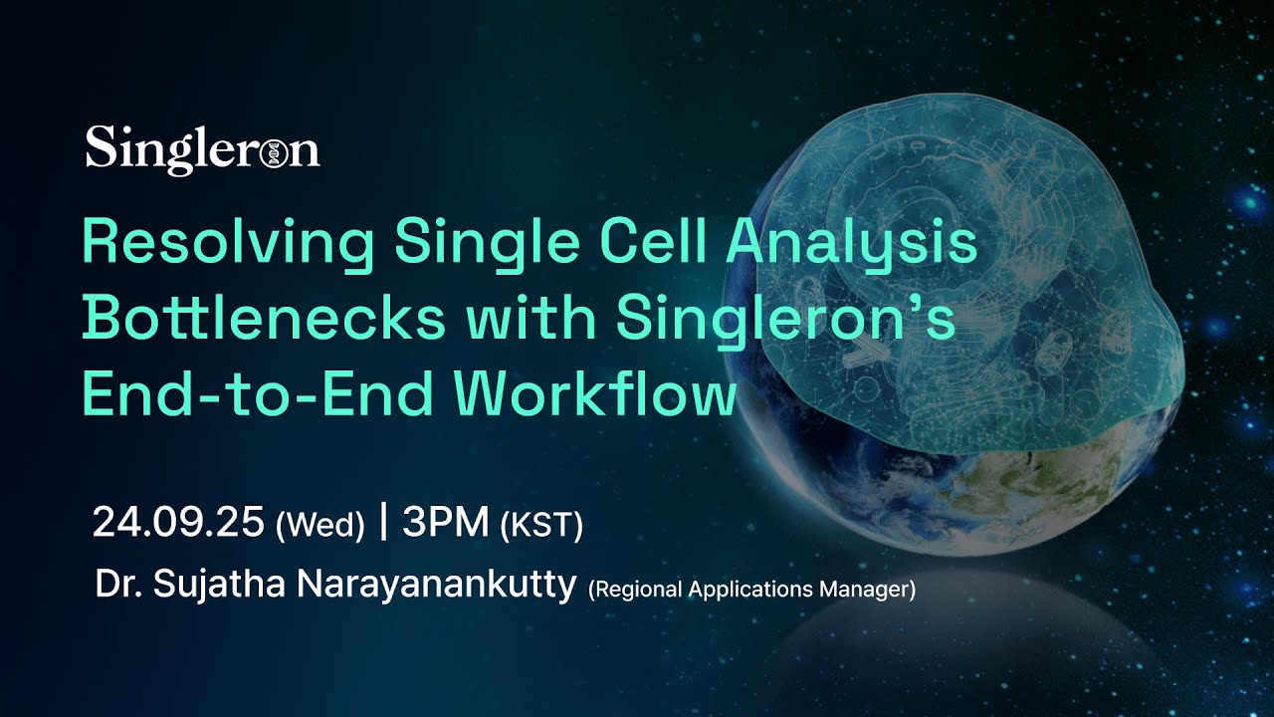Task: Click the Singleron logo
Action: point(202,149)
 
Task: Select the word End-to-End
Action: point(260,394)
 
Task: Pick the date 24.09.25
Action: point(178,522)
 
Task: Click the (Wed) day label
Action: point(319,525)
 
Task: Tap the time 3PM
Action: point(447,522)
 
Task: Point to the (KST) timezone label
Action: point(541,525)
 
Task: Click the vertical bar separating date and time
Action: point(383,522)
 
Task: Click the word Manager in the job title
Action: point(865,590)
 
